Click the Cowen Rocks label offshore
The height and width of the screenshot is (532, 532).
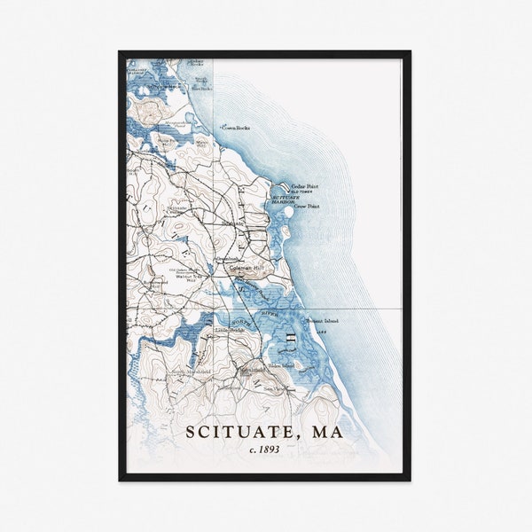tap(237, 128)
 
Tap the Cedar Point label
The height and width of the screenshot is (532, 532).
tap(304, 186)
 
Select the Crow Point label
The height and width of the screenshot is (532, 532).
tap(307, 207)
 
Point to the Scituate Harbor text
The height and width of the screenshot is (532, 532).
tap(283, 199)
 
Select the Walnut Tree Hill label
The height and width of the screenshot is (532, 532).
tap(189, 278)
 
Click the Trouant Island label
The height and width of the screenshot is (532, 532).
tap(322, 321)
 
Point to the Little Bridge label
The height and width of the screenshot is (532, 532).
tap(227, 329)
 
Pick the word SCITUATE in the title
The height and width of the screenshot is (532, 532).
tap(235, 433)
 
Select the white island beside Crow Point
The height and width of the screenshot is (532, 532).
tap(286, 231)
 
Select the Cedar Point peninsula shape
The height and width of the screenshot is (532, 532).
tap(284, 184)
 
